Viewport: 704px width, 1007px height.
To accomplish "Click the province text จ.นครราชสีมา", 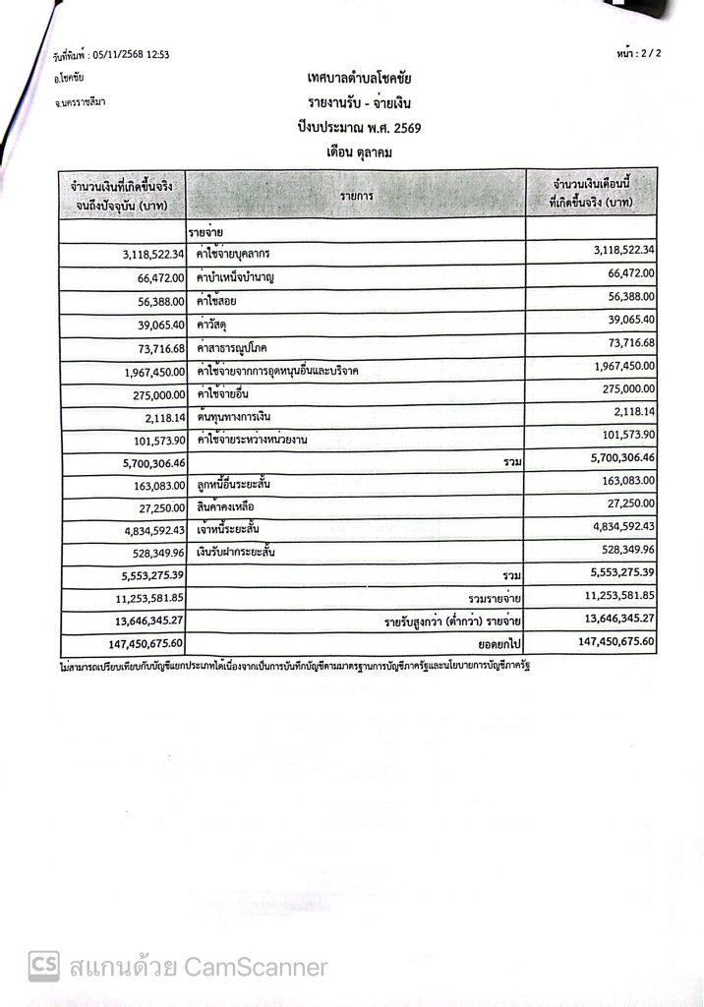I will point(82,101).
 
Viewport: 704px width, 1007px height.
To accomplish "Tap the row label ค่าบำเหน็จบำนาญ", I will point(235,277).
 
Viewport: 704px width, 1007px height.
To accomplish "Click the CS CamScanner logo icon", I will point(43,966).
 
